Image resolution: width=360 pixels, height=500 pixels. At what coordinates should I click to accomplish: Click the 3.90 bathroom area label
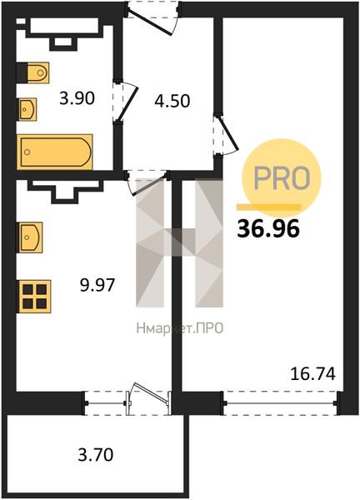77,98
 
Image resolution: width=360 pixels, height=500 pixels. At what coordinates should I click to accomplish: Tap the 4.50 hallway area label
172,101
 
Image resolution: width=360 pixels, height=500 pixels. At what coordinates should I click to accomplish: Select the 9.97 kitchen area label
97,285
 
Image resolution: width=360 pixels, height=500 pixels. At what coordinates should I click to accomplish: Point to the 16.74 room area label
313,373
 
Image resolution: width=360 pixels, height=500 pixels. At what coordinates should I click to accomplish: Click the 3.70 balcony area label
96,454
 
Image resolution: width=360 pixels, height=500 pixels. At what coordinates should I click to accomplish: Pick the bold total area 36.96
268,229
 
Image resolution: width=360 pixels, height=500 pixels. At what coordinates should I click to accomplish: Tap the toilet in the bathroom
32,72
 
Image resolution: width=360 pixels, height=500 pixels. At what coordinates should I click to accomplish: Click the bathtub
55,152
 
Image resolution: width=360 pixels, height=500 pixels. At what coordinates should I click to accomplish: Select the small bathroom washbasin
27,109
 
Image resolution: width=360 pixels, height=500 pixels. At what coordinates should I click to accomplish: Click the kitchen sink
31,237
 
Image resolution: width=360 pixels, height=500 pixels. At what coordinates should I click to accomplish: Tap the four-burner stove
35,296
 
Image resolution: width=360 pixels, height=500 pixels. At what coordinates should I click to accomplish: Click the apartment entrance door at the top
152,17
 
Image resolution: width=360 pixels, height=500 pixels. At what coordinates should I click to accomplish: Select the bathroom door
126,102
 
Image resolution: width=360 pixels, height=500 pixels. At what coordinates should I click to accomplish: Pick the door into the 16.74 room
227,135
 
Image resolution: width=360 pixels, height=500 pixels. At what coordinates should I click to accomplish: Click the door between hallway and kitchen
147,182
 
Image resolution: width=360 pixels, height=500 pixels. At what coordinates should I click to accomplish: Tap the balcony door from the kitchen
149,398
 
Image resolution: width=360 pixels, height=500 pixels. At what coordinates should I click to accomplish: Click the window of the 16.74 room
280,403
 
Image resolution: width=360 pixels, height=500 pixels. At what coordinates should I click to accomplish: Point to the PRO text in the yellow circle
281,178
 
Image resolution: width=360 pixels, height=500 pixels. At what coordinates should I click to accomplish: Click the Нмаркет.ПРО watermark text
179,328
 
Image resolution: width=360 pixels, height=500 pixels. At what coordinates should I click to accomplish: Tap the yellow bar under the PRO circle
268,207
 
